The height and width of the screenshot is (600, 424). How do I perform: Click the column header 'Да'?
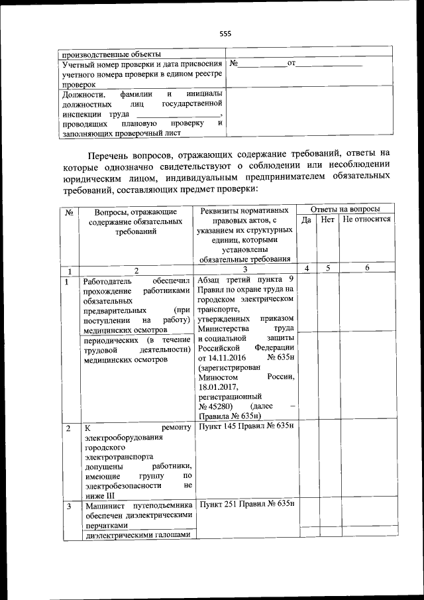point(307,219)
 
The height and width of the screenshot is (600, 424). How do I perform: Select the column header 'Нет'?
point(327,219)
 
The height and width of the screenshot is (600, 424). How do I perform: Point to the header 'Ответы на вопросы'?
point(345,209)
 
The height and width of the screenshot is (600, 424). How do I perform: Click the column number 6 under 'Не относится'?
point(366,268)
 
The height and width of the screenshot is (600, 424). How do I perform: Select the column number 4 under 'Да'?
point(307,268)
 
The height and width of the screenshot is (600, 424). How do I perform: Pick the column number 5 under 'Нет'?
point(327,268)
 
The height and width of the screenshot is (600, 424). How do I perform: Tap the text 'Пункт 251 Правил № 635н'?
point(246,505)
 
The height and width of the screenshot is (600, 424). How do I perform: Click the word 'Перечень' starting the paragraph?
point(107,154)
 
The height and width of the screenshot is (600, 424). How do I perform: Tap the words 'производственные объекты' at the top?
point(107,54)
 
